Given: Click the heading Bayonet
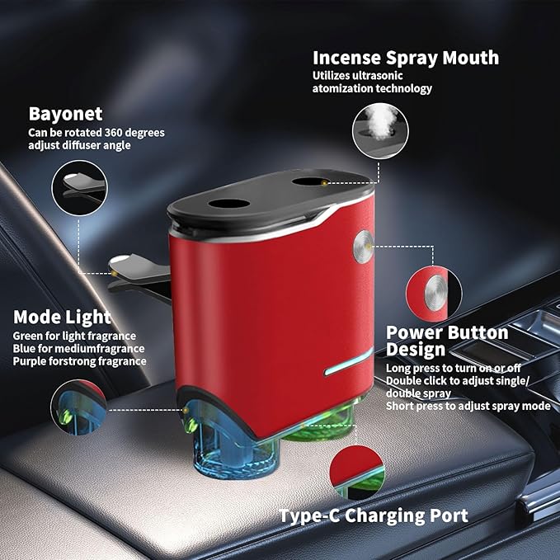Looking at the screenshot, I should (66, 113).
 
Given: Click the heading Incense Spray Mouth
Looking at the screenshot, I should (405, 58).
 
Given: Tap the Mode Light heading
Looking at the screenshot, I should (62, 317).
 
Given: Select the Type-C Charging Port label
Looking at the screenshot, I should (373, 515).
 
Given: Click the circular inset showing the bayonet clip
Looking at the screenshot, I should (78, 187).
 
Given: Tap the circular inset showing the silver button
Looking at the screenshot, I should (433, 290).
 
